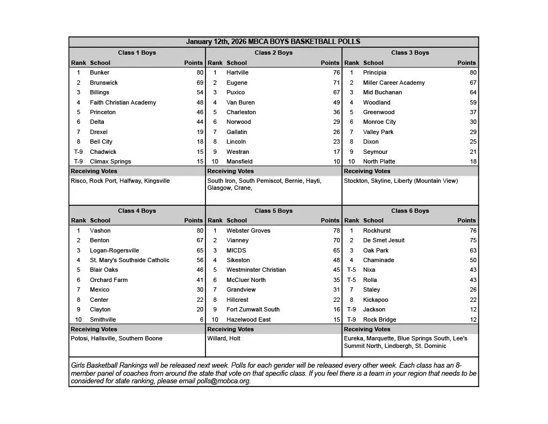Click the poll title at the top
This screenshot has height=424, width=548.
coord(273,42)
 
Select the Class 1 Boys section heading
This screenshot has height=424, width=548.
coord(137,53)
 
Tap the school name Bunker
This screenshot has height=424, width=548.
coord(100,72)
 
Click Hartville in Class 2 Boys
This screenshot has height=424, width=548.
coord(237,72)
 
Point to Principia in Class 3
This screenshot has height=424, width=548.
coord(375,72)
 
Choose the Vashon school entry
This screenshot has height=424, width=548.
coord(100,230)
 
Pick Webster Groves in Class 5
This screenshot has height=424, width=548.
coord(248,230)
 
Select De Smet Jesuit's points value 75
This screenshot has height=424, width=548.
coord(473,240)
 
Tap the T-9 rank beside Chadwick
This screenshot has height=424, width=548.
coord(78,152)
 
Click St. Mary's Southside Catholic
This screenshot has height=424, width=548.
coord(130,260)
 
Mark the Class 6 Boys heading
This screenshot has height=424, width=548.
coord(410,211)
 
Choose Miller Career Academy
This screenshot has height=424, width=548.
coord(394,83)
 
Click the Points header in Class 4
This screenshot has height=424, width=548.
coord(193,220)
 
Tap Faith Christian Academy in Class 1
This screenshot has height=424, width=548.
coord(123,102)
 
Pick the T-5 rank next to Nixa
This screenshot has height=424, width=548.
coord(351,270)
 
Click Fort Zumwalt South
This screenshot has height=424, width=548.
coord(253,309)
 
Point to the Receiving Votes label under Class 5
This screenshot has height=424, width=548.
coord(231,329)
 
